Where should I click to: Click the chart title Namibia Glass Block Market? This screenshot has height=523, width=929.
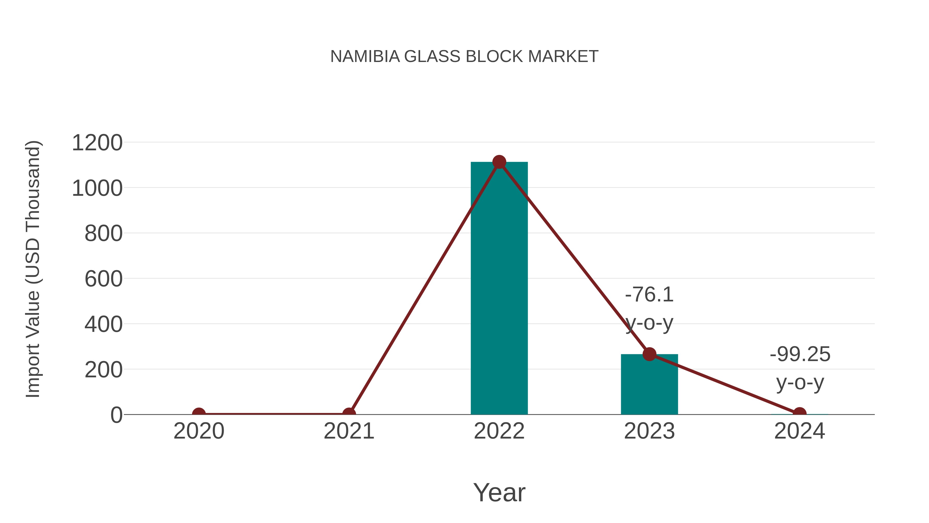464,57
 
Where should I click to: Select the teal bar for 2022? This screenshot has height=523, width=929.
499,289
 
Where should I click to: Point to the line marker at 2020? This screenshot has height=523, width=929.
199,414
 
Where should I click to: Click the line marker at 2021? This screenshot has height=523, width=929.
349,414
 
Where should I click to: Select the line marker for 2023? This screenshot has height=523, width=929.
649,354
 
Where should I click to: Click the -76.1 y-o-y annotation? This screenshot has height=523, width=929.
649,309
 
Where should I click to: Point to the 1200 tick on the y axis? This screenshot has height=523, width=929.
97,143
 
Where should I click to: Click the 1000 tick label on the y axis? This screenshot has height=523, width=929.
97,189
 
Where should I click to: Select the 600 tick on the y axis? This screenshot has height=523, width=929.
103,279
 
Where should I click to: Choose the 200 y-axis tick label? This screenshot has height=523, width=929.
103,370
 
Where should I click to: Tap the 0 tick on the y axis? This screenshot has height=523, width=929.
116,415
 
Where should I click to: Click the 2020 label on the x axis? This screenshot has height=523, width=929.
199,431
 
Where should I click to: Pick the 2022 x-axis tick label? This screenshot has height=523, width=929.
499,431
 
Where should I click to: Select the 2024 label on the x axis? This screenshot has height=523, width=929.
799,431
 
